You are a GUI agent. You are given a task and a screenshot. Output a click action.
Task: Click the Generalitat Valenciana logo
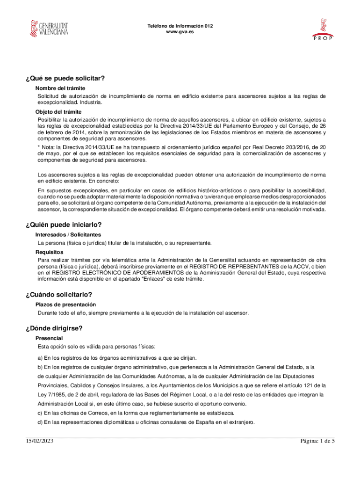click(x=49, y=29)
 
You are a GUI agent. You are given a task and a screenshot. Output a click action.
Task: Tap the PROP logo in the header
click(x=323, y=29)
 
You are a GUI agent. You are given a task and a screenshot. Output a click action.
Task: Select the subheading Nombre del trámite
click(x=60, y=88)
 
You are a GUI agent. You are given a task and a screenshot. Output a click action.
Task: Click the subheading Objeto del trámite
click(x=58, y=112)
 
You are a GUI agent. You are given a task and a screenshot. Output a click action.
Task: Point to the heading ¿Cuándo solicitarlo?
click(x=58, y=294)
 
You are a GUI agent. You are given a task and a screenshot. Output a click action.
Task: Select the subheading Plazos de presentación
click(x=66, y=305)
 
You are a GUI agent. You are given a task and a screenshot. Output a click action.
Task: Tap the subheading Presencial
click(x=49, y=338)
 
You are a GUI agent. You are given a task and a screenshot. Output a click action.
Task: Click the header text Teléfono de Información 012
click(x=180, y=26)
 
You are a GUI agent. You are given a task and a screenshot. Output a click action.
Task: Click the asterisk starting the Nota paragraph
click(x=39, y=147)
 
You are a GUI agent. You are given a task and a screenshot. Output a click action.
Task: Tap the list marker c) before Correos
click(x=40, y=413)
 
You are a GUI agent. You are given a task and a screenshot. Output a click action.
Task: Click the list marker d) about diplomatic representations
click(x=40, y=422)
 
